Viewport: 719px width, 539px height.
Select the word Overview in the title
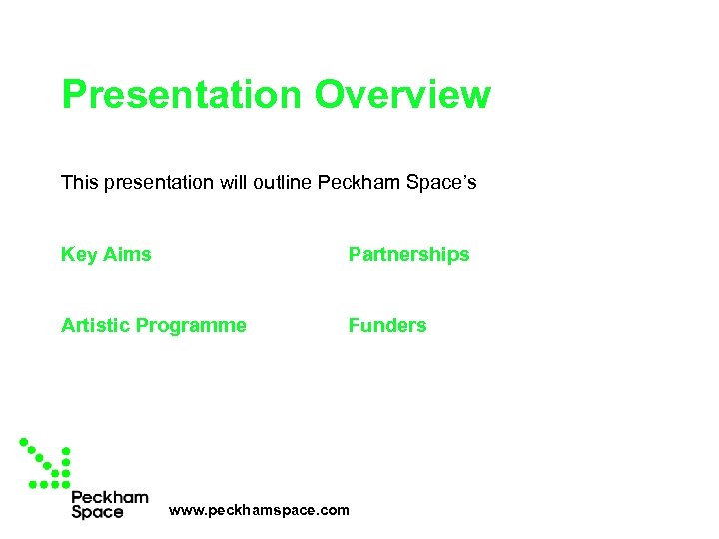[402, 95]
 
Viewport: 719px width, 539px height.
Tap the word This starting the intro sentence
[79, 182]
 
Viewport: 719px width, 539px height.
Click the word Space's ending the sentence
[445, 182]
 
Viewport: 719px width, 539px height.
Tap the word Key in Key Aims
[79, 255]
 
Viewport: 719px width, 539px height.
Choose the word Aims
[127, 254]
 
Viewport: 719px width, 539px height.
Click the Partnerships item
[407, 255]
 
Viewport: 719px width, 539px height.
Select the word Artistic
[95, 325]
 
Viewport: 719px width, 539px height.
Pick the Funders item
[386, 325]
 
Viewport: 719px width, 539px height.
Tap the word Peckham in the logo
[110, 497]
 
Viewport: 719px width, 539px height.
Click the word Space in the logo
[97, 512]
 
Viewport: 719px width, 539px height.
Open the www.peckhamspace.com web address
[259, 510]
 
